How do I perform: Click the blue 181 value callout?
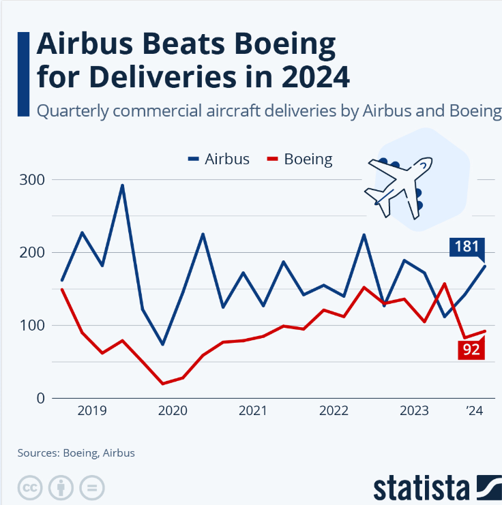[467, 246]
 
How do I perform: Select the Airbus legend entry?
[219, 159]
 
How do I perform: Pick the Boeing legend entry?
[300, 159]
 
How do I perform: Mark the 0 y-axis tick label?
[39, 398]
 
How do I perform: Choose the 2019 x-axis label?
[91, 411]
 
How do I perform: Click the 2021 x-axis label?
[253, 411]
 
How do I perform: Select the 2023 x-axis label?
[414, 411]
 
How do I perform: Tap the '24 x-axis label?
[475, 411]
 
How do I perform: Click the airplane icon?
[400, 184]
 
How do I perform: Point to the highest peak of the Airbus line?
[122, 185]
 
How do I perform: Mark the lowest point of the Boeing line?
[163, 384]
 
